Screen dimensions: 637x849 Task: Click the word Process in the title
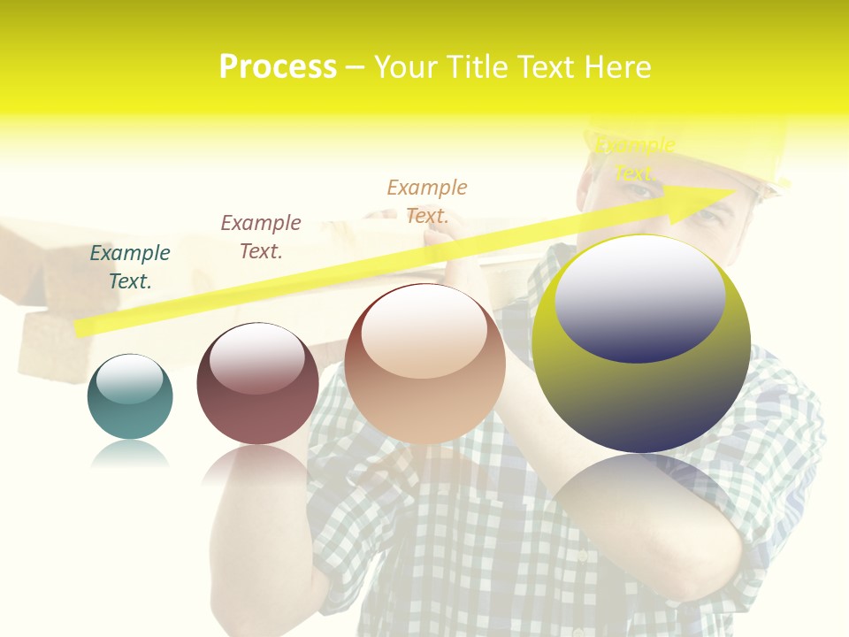coord(278,66)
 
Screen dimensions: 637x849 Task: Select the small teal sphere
coord(130,396)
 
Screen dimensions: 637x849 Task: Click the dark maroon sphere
coord(257,383)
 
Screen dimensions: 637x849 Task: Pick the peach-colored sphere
coord(424,364)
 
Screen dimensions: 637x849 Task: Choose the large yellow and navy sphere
coord(641,344)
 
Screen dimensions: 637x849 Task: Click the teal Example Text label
coord(130,266)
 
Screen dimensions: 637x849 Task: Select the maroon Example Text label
coord(261,236)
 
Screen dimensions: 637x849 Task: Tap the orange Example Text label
coord(427,201)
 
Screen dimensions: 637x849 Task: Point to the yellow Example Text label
coord(635,158)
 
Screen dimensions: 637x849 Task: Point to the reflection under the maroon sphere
coord(257,464)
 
